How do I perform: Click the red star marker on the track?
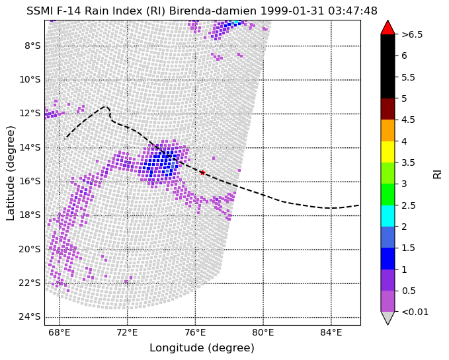203,172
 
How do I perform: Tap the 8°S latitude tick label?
32,46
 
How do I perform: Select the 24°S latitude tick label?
30,317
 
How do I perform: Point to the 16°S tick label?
30,182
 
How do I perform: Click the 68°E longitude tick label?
60,332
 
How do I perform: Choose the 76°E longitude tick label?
195,332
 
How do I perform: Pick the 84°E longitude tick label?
331,332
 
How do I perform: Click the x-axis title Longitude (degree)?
202,348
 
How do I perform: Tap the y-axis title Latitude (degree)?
10,173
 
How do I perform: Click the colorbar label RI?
437,173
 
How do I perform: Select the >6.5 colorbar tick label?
412,34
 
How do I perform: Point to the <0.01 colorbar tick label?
415,312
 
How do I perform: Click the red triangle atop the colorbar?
388,28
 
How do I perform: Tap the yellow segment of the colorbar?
388,152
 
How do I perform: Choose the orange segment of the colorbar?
388,130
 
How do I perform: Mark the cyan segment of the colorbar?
388,216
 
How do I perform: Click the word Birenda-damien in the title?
213,11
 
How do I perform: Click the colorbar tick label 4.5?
408,120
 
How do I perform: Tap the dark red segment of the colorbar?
388,109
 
